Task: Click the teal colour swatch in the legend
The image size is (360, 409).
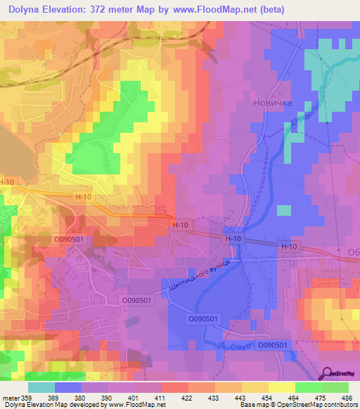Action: point(41,387)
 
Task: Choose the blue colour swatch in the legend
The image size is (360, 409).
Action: point(67,387)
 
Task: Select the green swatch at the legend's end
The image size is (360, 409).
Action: point(336,387)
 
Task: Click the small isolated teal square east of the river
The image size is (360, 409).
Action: point(283,210)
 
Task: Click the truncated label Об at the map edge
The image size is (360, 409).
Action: point(353,252)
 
